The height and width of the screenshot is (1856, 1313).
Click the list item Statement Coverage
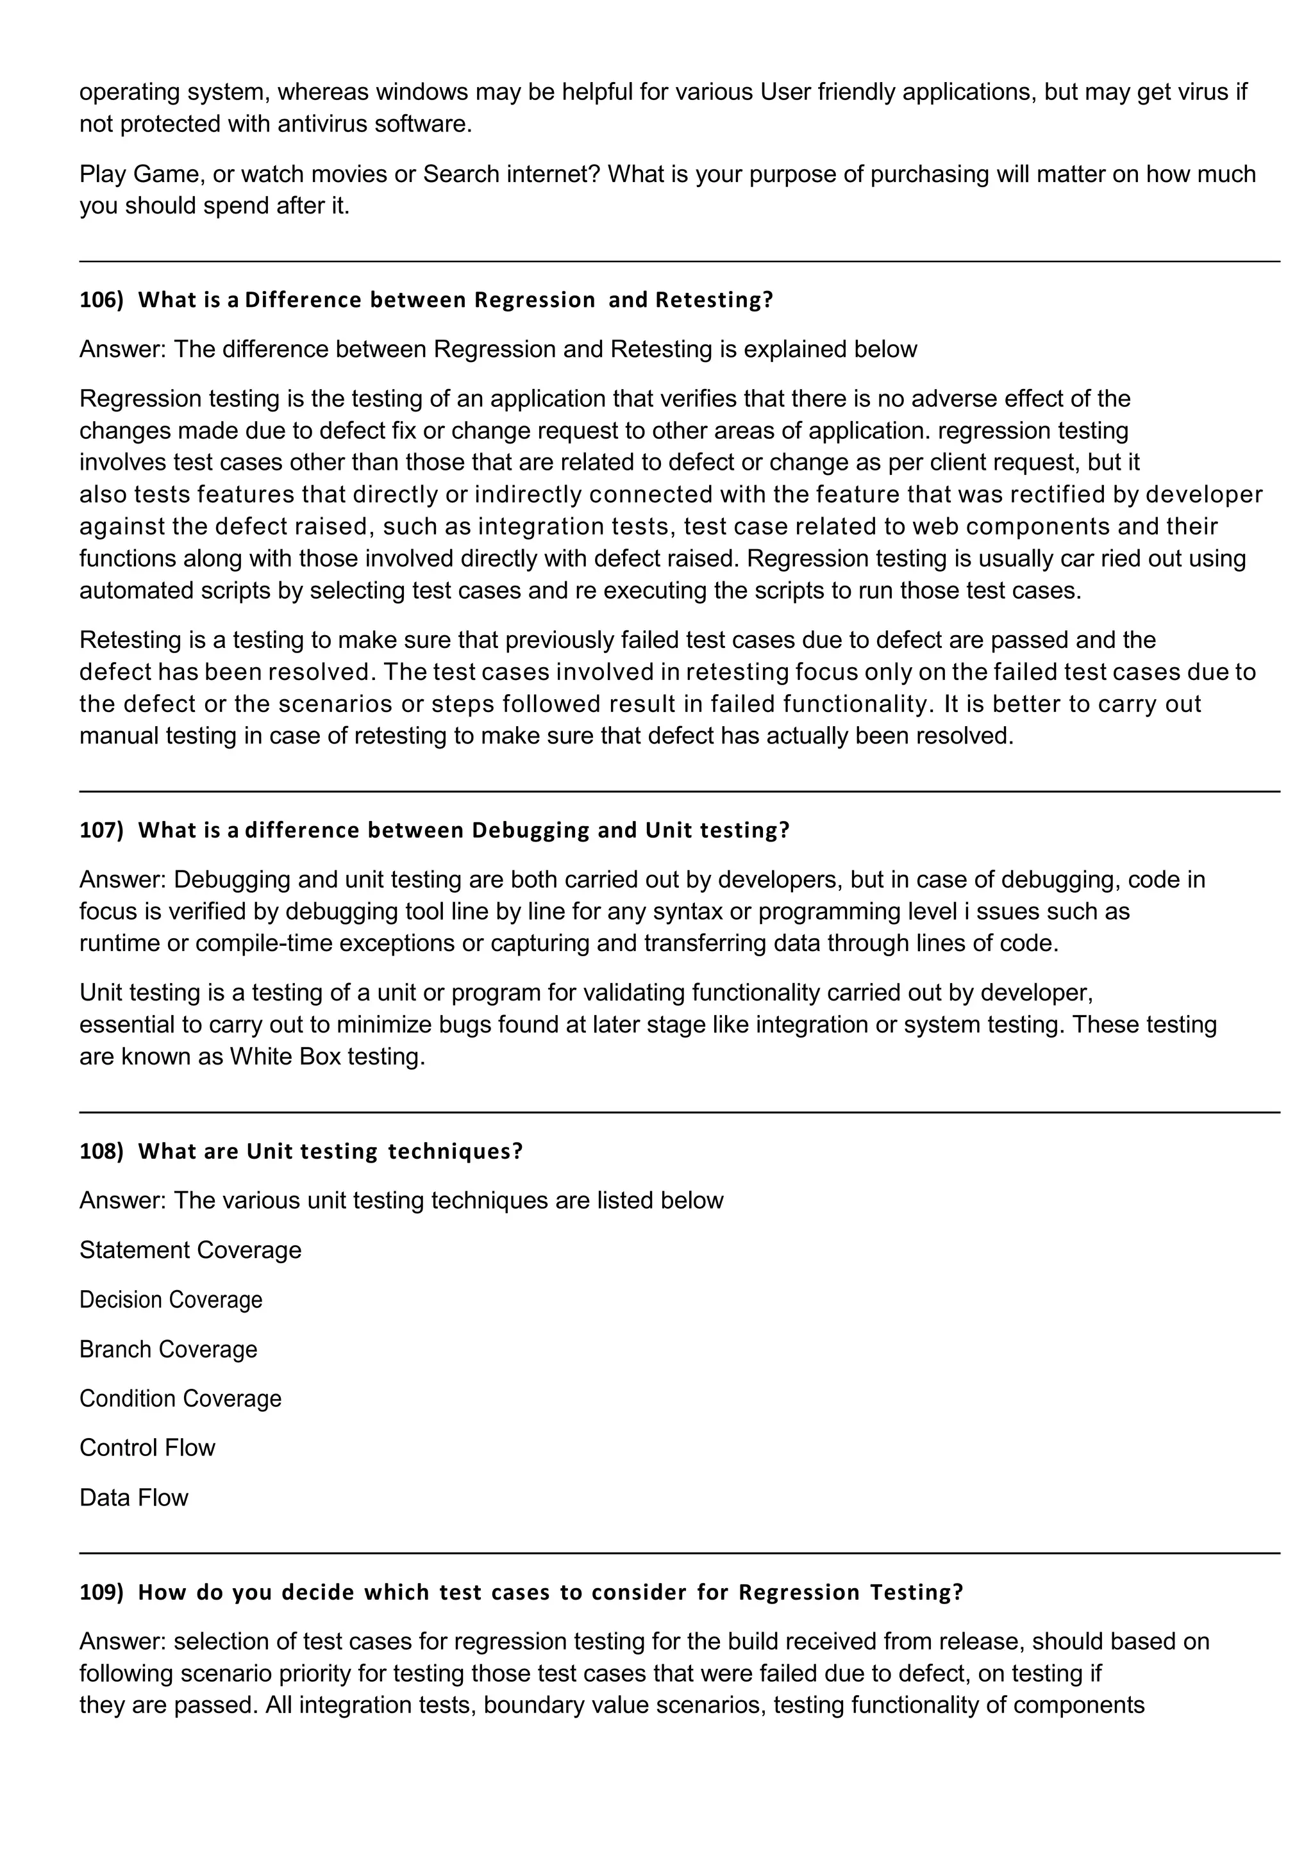(x=190, y=1250)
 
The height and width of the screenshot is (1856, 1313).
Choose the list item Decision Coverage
(x=171, y=1300)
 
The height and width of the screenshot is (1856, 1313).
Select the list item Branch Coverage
(x=168, y=1349)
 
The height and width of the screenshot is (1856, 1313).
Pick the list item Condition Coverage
(x=180, y=1398)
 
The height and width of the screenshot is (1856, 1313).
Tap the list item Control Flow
(x=147, y=1448)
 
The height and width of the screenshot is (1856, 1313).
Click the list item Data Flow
(x=133, y=1498)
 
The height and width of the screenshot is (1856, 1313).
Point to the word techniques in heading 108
(x=455, y=1151)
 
